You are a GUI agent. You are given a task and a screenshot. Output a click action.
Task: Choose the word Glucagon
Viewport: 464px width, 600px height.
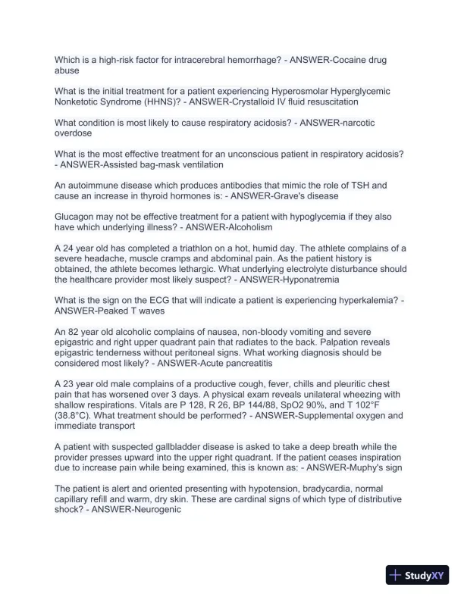[76, 216]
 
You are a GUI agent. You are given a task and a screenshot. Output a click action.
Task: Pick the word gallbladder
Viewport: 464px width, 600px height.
[170, 447]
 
